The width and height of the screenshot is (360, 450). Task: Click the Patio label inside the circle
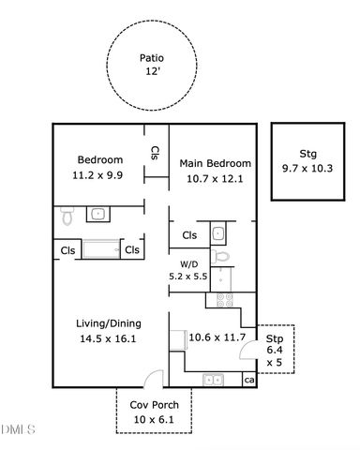point(152,58)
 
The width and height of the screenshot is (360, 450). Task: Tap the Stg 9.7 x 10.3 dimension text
point(307,169)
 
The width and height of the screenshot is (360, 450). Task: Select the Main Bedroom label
point(215,163)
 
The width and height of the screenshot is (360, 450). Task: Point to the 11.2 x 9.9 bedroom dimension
point(97,175)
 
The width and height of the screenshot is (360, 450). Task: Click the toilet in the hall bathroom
point(67,216)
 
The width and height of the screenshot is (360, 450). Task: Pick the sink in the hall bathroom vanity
point(98,214)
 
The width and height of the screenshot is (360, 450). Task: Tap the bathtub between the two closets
point(101,249)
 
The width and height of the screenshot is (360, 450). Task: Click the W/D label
point(189,264)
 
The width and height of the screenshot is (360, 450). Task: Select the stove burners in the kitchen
point(225,300)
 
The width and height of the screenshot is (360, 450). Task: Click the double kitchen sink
point(213,380)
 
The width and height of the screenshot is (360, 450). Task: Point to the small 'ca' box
point(249,380)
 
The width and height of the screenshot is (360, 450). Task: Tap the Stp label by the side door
point(275,338)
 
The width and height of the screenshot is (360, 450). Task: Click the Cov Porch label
point(155,405)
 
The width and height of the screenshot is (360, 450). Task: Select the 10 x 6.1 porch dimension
point(154,419)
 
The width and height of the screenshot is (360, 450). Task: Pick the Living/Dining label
point(109,323)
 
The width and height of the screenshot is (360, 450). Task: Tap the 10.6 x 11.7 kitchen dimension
point(217,337)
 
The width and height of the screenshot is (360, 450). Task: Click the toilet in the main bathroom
point(220,257)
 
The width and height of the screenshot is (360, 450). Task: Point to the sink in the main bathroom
point(217,233)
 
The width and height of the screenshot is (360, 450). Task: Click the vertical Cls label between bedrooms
point(155,153)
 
